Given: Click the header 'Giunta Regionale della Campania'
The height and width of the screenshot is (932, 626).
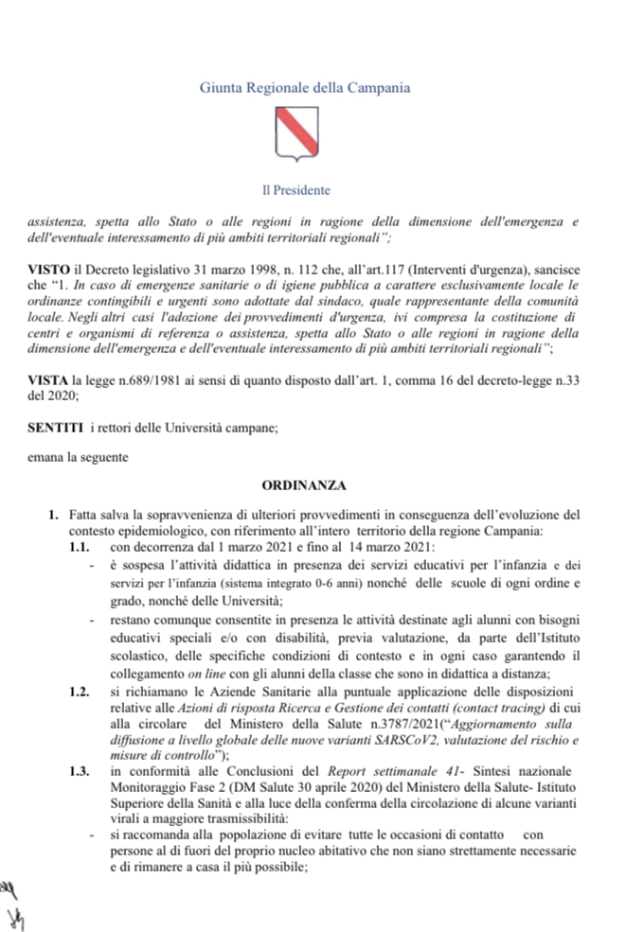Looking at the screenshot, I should point(305,87).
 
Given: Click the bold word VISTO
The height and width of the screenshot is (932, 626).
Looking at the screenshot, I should point(48,271).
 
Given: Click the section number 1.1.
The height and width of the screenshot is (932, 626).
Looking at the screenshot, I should point(80,547).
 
